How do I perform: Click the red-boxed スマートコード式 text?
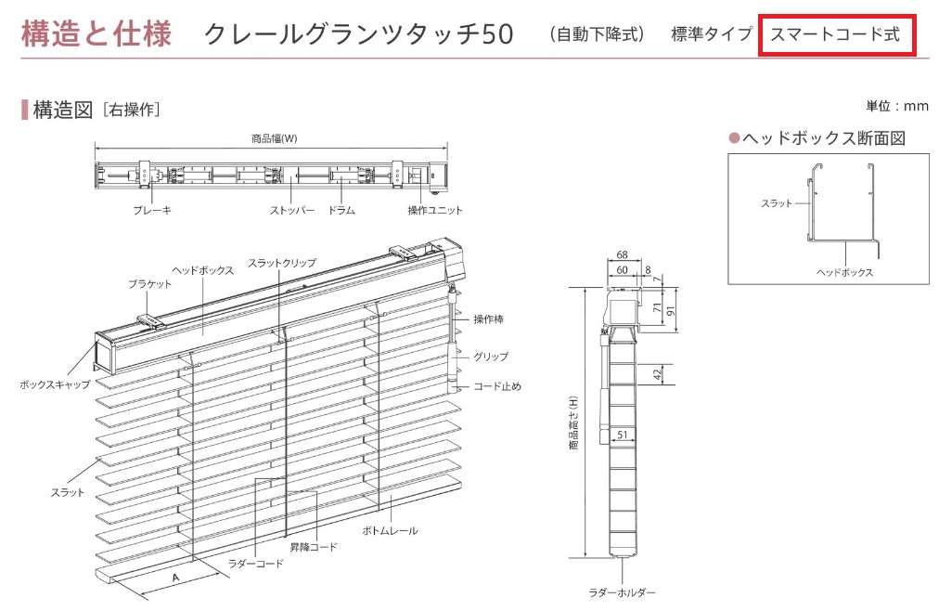tap(835, 34)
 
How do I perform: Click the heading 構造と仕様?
tap(96, 34)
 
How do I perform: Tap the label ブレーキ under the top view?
tap(152, 211)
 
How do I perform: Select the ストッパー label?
tap(291, 211)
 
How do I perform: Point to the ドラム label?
tap(341, 211)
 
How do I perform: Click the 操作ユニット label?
tap(435, 211)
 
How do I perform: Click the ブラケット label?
tap(149, 285)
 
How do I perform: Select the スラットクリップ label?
tap(282, 264)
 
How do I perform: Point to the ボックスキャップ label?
tap(55, 383)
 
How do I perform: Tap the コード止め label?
tap(497, 386)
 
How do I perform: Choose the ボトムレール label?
tap(390, 530)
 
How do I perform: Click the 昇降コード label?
tap(313, 547)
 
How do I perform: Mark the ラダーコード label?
tap(255, 563)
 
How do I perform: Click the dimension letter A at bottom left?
tap(174, 577)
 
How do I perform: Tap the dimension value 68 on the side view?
tap(622, 254)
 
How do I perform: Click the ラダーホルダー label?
tap(622, 592)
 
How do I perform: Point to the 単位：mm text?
tap(896, 106)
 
